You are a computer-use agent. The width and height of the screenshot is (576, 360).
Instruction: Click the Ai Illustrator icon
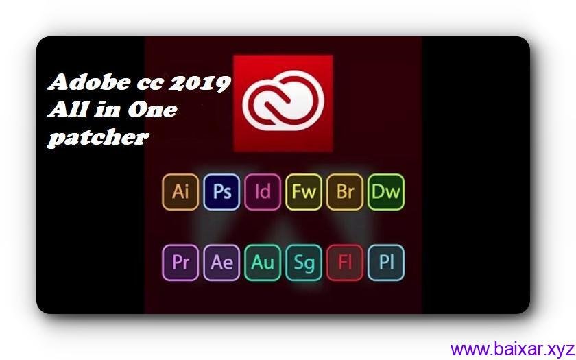pos(180,191)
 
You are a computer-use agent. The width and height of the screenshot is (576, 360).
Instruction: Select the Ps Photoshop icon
pos(221,191)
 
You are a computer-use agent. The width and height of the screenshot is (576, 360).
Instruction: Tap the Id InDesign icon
pos(263,191)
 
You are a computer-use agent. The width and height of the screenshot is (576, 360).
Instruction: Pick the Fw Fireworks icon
pos(304,191)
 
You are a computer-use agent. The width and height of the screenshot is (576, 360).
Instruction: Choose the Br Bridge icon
pos(345,191)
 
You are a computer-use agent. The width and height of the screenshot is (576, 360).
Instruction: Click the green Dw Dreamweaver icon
pos(386,191)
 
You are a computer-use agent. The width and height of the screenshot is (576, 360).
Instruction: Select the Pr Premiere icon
pos(180,263)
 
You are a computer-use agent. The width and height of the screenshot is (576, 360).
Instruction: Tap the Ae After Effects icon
pos(221,263)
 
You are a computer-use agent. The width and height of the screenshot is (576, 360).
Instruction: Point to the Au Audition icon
pos(263,263)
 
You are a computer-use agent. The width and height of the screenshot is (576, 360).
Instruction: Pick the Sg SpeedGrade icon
pos(304,263)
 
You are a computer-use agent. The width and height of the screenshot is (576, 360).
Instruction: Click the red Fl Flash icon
pos(345,263)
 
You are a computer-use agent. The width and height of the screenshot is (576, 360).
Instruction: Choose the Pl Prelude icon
pos(386,263)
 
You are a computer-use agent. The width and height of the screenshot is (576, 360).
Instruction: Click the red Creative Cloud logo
pos(283,103)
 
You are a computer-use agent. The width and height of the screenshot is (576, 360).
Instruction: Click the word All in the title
pos(65,110)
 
